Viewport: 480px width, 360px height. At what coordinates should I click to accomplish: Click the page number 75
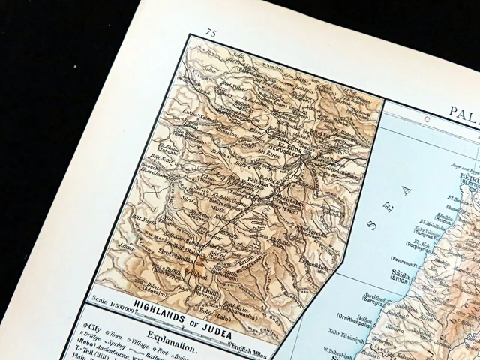click(x=211, y=33)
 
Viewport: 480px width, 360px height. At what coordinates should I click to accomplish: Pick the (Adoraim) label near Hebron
click(x=149, y=293)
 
